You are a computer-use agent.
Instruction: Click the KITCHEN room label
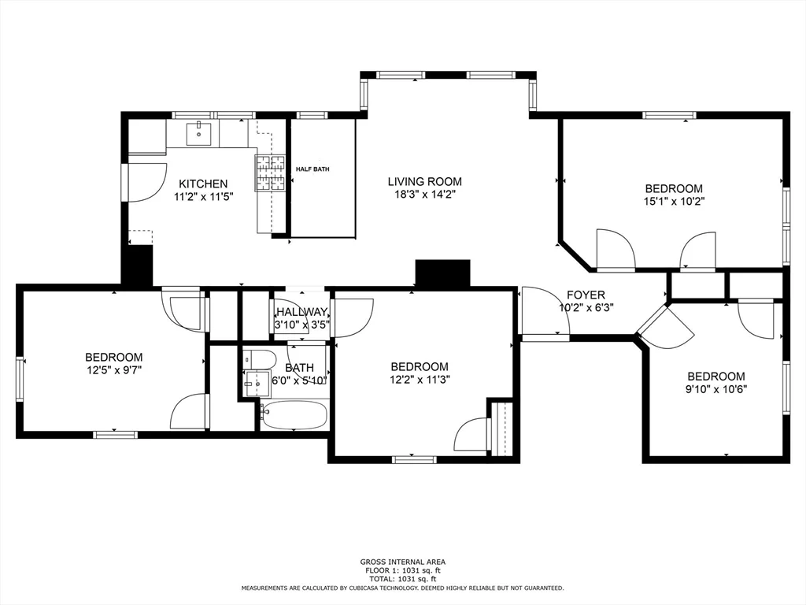point(202,184)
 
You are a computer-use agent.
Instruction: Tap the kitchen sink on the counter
point(199,133)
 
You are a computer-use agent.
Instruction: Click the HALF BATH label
point(312,169)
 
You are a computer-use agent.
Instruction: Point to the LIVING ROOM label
point(424,181)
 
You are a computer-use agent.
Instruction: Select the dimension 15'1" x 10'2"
point(674,201)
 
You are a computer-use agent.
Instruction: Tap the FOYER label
point(586,295)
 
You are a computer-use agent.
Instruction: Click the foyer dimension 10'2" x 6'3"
point(586,307)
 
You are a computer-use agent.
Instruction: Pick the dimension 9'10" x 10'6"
point(715,388)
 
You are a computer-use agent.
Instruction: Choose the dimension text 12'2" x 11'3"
point(420,379)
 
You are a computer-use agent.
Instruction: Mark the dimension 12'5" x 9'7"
point(113,369)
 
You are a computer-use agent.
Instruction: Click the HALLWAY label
point(301,312)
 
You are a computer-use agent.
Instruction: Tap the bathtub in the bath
point(294,415)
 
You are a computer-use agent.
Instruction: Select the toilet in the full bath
point(259,360)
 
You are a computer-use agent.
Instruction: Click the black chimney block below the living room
point(442,273)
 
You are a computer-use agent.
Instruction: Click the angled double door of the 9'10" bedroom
point(666,327)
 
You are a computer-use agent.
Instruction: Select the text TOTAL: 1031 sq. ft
point(402,578)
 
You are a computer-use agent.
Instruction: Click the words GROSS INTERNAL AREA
point(402,562)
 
